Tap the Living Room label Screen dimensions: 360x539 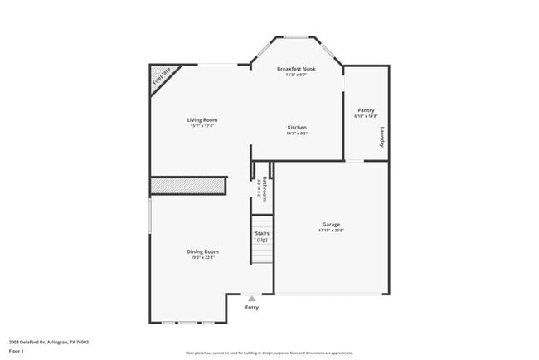202,119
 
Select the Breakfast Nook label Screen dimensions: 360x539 296,69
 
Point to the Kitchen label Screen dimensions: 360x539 297,127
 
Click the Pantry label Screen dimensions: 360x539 366,109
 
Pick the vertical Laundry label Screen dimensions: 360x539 381,137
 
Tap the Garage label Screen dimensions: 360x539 332,224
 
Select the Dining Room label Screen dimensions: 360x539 202,251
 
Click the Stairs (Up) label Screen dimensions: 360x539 262,236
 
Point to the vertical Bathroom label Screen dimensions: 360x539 265,189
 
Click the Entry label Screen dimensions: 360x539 252,308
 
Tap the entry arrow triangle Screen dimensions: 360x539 252,299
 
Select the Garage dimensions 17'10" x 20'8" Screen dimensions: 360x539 332,231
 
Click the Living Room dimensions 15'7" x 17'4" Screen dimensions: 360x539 202,126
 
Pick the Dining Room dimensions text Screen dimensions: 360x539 202,258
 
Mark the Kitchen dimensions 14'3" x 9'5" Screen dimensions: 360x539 297,134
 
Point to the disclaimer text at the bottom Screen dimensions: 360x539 269,353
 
